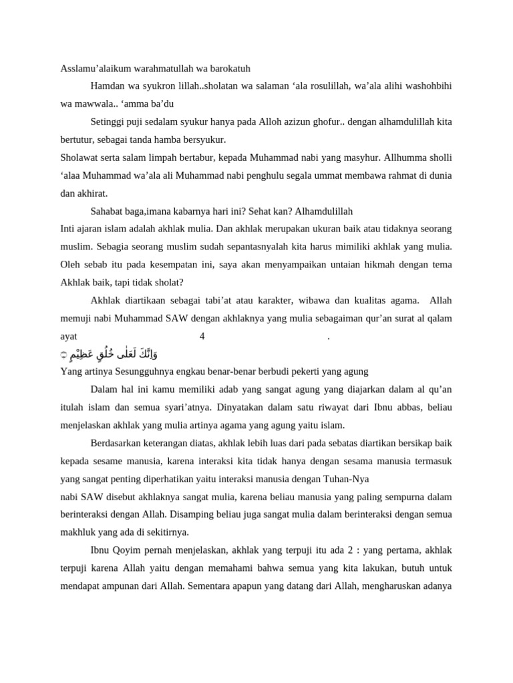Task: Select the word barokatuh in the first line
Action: pyautogui.click(x=229, y=69)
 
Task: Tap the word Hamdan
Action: pyautogui.click(x=107, y=86)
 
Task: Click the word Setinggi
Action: pyautogui.click(x=107, y=122)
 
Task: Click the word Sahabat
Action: pyautogui.click(x=107, y=211)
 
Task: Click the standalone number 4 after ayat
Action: pyautogui.click(x=202, y=336)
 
